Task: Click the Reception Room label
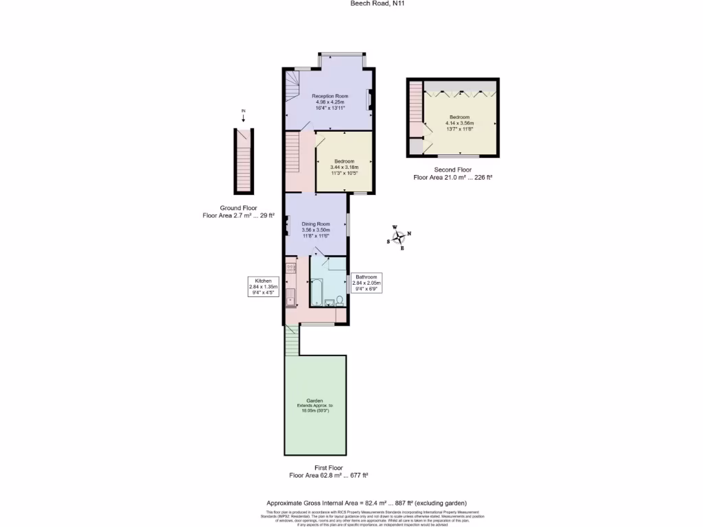click(330, 96)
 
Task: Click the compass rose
click(398, 237)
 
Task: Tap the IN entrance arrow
click(243, 117)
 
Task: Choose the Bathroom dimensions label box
click(367, 283)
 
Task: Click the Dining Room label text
click(316, 224)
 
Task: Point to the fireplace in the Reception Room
click(369, 100)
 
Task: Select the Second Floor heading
click(453, 169)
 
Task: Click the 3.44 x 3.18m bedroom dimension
click(344, 167)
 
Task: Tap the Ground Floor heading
click(238, 208)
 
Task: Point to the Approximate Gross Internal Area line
click(371, 503)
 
